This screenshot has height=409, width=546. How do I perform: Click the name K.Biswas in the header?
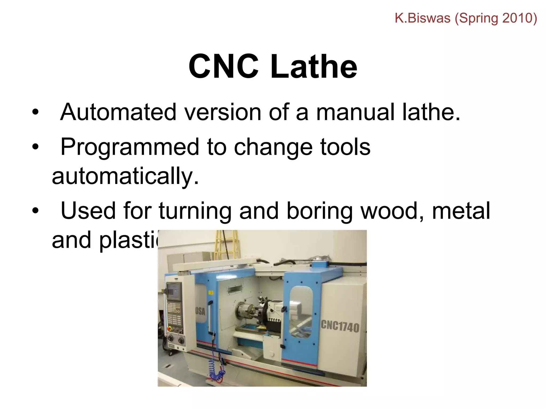[422, 18]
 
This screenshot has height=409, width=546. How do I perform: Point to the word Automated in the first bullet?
[118, 112]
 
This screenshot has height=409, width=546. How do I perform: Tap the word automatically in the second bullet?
[125, 176]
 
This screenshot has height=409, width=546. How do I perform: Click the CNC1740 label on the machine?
[340, 326]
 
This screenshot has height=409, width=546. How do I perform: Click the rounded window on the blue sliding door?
[300, 312]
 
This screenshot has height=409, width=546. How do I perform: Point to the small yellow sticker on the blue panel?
[211, 293]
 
